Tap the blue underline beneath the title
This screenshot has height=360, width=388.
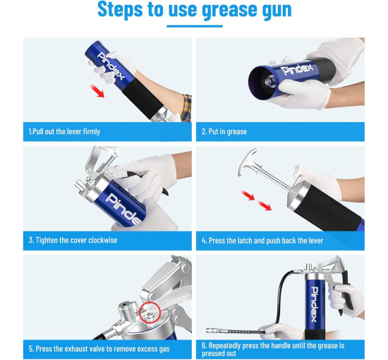pyautogui.click(x=195, y=26)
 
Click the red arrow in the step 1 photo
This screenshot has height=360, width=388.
pyautogui.click(x=97, y=90)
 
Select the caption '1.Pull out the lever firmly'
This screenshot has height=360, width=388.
pyautogui.click(x=64, y=131)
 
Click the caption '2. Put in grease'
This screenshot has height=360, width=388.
pyautogui.click(x=224, y=131)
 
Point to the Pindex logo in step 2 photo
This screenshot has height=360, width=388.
pyautogui.click(x=297, y=68)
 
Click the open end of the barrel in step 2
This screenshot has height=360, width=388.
pyautogui.click(x=262, y=83)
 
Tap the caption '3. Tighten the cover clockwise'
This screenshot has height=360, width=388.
pyautogui.click(x=73, y=240)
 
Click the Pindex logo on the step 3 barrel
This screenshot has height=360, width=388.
pyautogui.click(x=123, y=209)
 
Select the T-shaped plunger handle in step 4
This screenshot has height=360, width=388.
pyautogui.click(x=248, y=161)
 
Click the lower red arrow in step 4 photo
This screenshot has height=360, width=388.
pyautogui.click(x=264, y=205)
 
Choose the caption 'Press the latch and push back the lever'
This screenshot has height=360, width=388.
pyautogui.click(x=266, y=241)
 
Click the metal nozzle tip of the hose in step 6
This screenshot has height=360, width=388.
pyautogui.click(x=214, y=330)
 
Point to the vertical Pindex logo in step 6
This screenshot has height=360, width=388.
pyautogui.click(x=314, y=304)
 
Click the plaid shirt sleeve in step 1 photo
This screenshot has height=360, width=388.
pyautogui.click(x=186, y=108)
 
